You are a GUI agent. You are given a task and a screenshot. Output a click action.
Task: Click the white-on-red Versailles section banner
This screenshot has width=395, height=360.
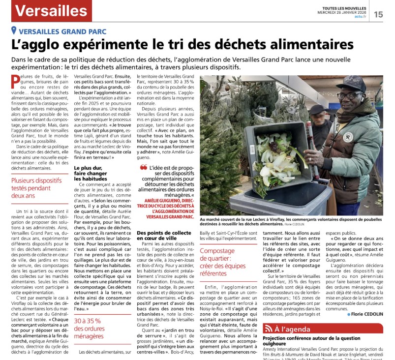click(x=50, y=10)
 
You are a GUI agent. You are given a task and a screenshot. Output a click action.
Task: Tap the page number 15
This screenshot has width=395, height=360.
click(x=378, y=14)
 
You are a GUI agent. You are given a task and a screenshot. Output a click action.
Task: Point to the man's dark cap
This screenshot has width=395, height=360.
click(x=351, y=83)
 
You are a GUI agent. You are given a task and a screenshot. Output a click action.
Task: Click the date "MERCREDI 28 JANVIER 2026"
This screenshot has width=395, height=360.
click(x=344, y=12)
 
